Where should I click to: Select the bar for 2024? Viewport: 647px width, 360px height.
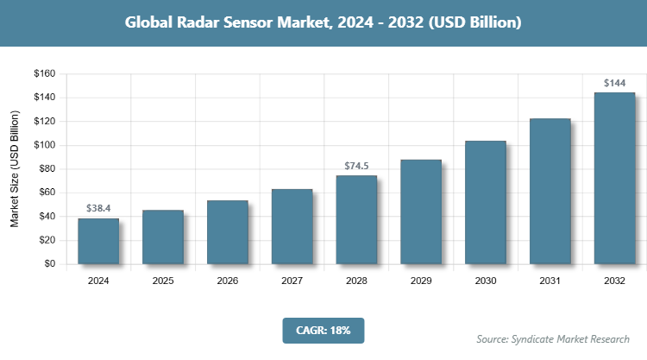[98, 242]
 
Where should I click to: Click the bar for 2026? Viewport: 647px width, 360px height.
[228, 232]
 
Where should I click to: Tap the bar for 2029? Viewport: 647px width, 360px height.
[421, 212]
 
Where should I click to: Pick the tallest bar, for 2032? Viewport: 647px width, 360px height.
[614, 178]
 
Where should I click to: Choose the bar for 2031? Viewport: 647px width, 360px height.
[550, 191]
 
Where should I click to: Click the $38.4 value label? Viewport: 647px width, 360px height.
[98, 208]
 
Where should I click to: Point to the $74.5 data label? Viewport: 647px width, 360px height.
[356, 165]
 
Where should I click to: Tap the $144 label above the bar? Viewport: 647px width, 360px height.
[614, 83]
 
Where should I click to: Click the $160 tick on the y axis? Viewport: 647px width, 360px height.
[44, 74]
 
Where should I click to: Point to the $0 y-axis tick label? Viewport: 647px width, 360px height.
[49, 264]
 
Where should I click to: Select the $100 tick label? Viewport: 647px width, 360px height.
[44, 145]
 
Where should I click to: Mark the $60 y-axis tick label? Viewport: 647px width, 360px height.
[47, 193]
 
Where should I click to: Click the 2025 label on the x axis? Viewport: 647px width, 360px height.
[163, 281]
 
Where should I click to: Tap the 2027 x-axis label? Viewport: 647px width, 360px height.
[292, 281]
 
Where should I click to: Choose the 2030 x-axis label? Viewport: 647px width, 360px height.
[486, 281]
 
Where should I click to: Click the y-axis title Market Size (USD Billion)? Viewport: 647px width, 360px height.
[15, 169]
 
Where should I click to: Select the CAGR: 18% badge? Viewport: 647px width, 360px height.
[323, 330]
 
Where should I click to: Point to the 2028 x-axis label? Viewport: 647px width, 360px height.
[356, 281]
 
